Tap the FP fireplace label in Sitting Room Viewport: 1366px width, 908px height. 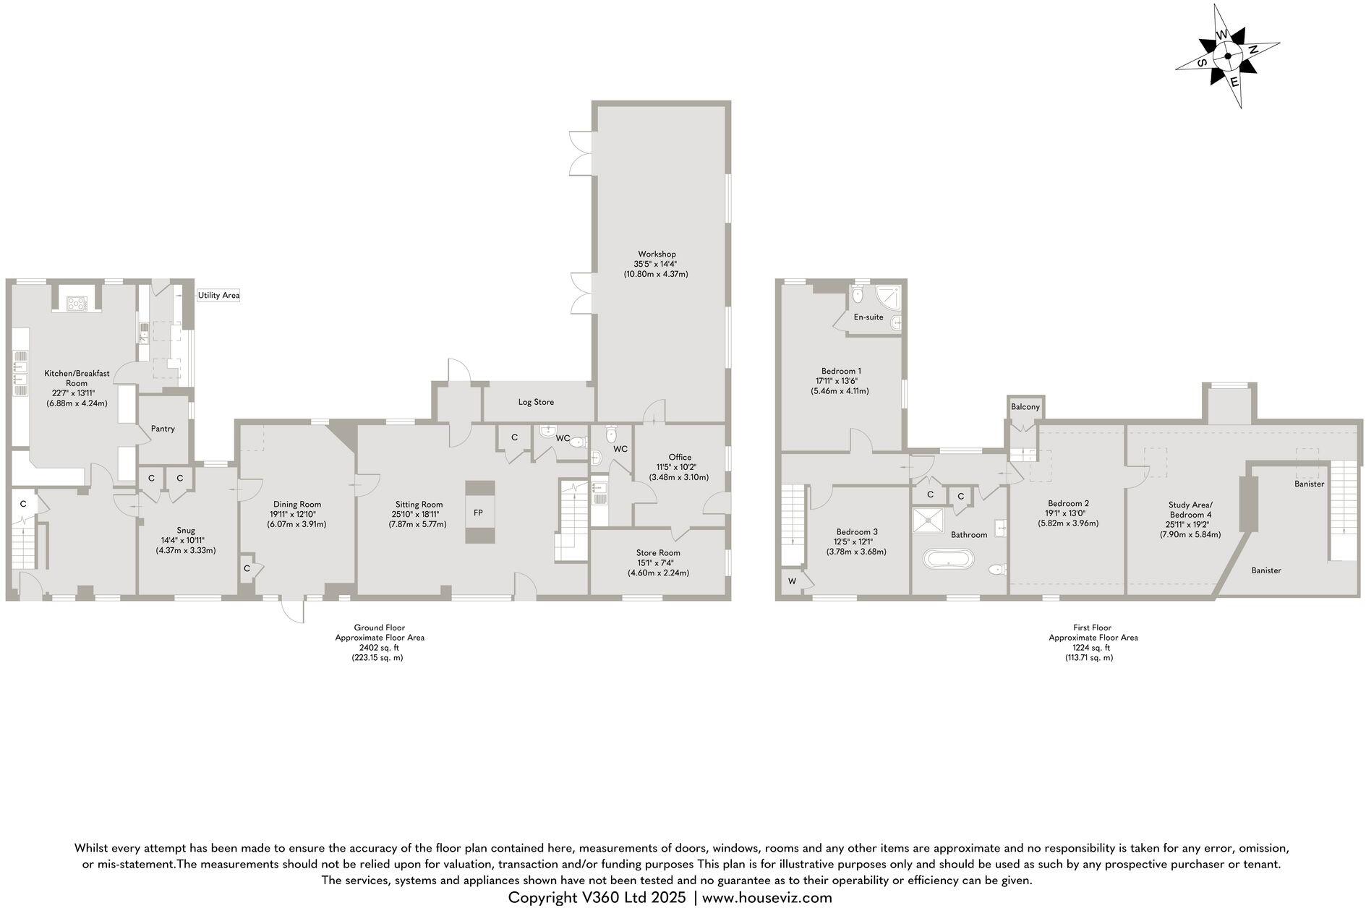click(x=478, y=513)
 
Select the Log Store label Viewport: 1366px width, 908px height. click(x=536, y=402)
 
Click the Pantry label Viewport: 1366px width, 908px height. click(x=163, y=429)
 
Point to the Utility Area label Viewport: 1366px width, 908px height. click(x=218, y=296)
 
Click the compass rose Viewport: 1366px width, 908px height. click(x=1228, y=56)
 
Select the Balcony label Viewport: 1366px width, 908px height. click(x=1025, y=407)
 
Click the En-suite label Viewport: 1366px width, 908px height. click(x=868, y=317)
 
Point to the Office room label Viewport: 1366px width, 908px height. click(x=680, y=457)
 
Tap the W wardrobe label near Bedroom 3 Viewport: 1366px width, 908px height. click(x=792, y=581)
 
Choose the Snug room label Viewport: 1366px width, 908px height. click(x=186, y=530)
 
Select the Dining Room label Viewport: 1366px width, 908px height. click(x=296, y=505)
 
